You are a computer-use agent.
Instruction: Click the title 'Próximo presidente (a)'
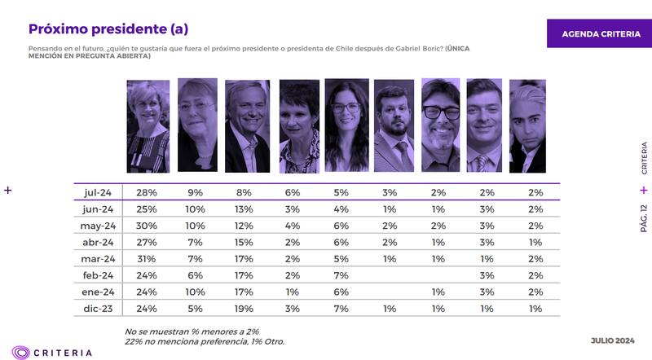(108, 29)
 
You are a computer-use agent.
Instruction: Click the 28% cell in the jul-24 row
(148, 192)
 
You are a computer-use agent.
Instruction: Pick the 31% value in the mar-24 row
(148, 259)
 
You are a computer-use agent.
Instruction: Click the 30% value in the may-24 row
(148, 226)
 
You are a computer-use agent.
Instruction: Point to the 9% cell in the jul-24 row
(196, 192)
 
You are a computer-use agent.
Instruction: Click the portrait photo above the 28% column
(148, 125)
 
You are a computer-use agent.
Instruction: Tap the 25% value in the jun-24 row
(148, 209)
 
